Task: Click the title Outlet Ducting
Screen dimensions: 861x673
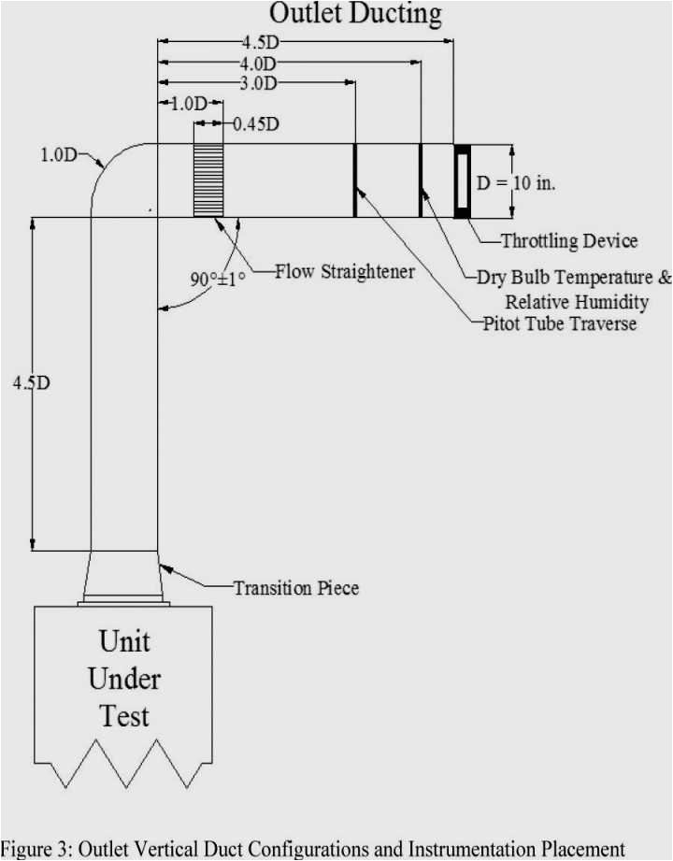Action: point(355,14)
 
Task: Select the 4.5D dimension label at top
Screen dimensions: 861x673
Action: point(261,42)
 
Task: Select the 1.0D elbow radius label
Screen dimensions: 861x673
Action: point(58,155)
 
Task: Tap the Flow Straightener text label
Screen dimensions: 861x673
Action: point(344,272)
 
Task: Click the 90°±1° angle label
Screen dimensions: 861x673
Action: point(218,279)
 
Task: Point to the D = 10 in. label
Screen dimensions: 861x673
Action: point(515,182)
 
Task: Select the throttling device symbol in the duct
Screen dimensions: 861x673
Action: point(462,180)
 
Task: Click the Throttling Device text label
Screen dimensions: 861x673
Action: point(568,241)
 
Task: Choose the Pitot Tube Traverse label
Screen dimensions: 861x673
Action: point(559,323)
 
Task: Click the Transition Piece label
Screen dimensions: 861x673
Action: point(295,588)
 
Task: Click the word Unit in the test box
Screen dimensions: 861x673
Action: point(124,641)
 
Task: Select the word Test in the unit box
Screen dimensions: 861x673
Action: point(124,717)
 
